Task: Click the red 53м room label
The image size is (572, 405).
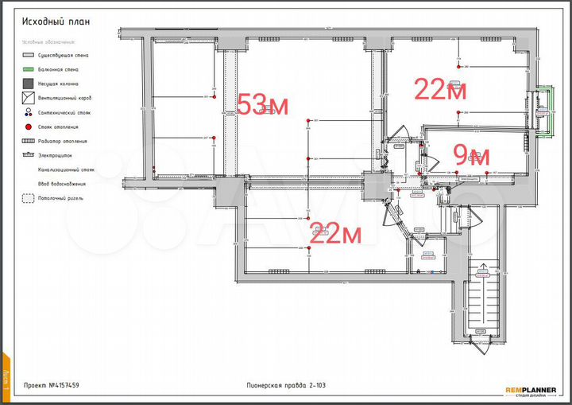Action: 262,104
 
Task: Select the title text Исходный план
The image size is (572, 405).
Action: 55,21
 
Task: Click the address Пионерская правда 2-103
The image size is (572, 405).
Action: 286,386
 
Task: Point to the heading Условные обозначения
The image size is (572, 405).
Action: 48,41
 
